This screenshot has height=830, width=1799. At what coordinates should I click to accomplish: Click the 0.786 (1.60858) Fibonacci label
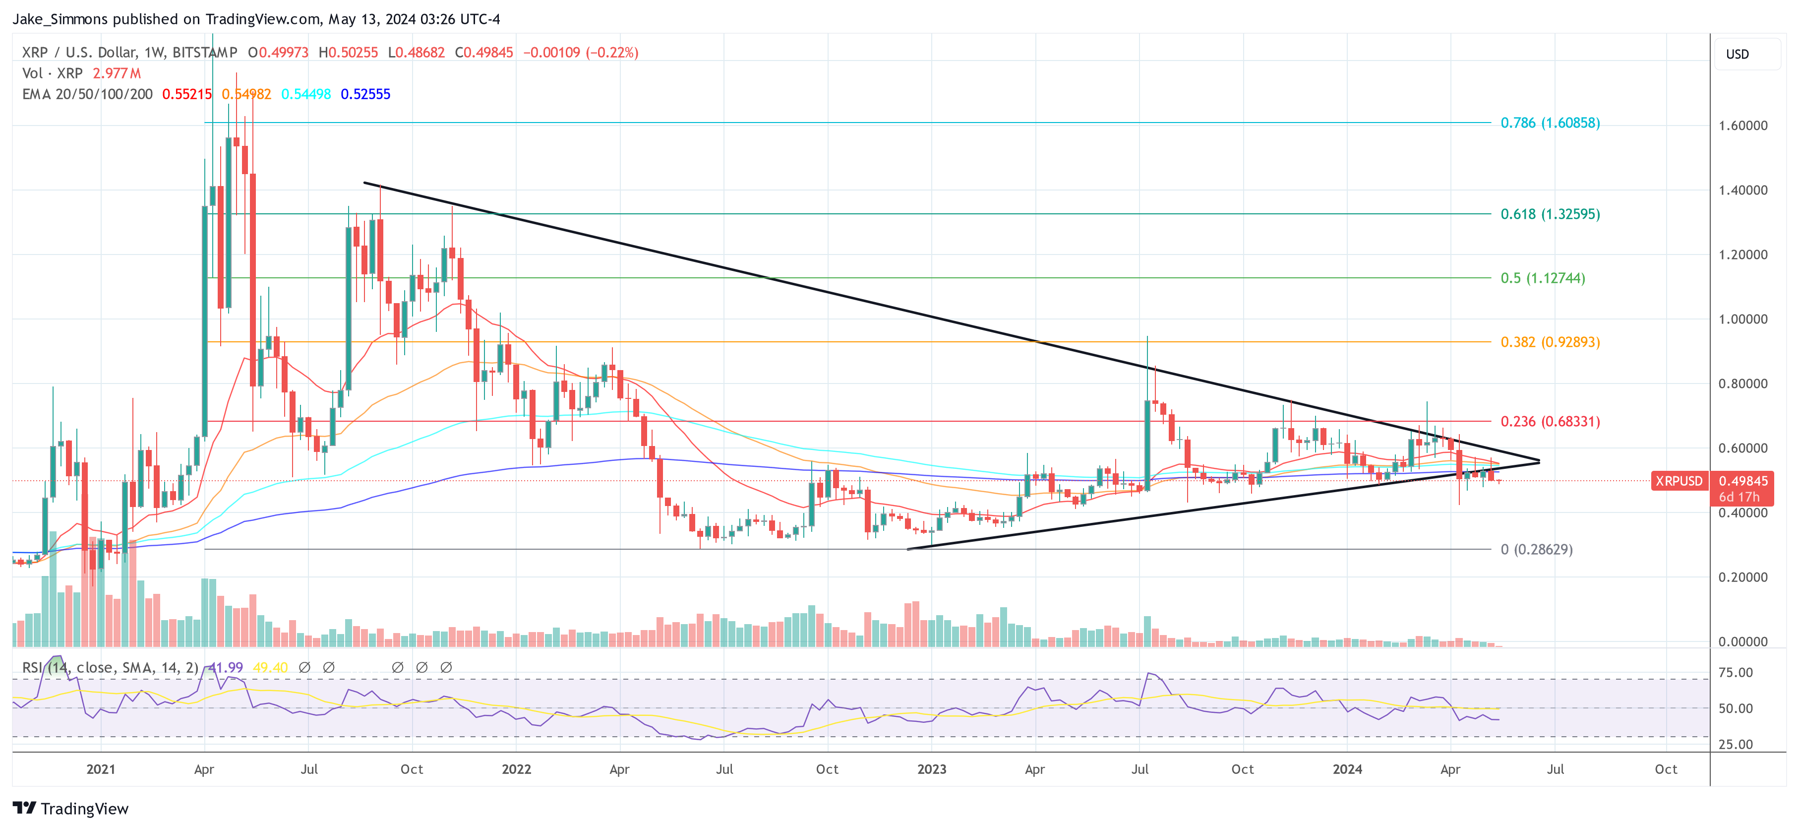pyautogui.click(x=1550, y=123)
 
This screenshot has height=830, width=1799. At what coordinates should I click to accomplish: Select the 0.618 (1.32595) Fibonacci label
pyautogui.click(x=1550, y=214)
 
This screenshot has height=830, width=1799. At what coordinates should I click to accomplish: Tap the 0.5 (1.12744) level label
pyautogui.click(x=1542, y=278)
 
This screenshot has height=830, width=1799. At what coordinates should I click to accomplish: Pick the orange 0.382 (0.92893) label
pyautogui.click(x=1550, y=342)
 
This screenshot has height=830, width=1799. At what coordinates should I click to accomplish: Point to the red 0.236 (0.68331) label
pyautogui.click(x=1550, y=421)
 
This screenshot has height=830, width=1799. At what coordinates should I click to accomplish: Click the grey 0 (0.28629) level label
pyautogui.click(x=1536, y=549)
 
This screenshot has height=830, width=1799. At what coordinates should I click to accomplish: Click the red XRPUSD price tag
pyautogui.click(x=1678, y=481)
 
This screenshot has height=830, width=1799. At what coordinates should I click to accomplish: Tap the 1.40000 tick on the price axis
pyautogui.click(x=1742, y=190)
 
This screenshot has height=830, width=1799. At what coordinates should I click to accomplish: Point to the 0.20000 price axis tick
pyautogui.click(x=1742, y=577)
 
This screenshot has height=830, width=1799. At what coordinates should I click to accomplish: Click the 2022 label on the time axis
pyautogui.click(x=516, y=769)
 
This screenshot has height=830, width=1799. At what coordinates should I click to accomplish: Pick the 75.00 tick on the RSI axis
pyautogui.click(x=1736, y=672)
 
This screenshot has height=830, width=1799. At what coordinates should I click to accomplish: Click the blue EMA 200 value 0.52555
pyautogui.click(x=365, y=94)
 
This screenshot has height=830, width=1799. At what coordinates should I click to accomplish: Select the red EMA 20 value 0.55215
pyautogui.click(x=186, y=94)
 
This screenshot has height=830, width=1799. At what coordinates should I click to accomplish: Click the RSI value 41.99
pyautogui.click(x=226, y=667)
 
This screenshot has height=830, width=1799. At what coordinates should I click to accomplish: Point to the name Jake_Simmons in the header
pyautogui.click(x=60, y=19)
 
